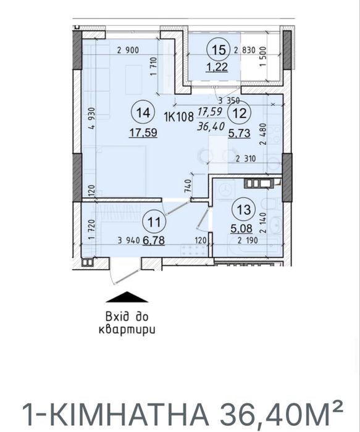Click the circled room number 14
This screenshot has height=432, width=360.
tap(143, 113)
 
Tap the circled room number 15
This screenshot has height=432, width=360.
tap(218, 50)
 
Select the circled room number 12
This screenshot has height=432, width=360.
tap(240, 113)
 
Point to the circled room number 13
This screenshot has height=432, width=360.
tap(243, 210)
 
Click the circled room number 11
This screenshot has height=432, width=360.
tap(154, 222)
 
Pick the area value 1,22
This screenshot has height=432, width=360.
tap(217, 67)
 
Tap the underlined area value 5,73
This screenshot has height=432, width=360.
tap(239, 133)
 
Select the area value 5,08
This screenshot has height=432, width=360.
tap(241, 228)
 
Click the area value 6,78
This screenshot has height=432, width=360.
tap(154, 240)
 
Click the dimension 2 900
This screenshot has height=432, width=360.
tap(128, 51)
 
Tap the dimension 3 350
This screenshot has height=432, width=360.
tap(229, 100)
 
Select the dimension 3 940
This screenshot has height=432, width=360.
tap(128, 241)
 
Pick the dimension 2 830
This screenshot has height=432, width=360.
tap(245, 50)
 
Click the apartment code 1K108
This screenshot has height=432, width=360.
tap(179, 117)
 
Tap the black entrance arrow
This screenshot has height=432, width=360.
tap(127, 297)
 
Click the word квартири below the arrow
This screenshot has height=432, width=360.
tap(127, 330)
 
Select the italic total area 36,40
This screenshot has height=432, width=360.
tap(211, 127)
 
